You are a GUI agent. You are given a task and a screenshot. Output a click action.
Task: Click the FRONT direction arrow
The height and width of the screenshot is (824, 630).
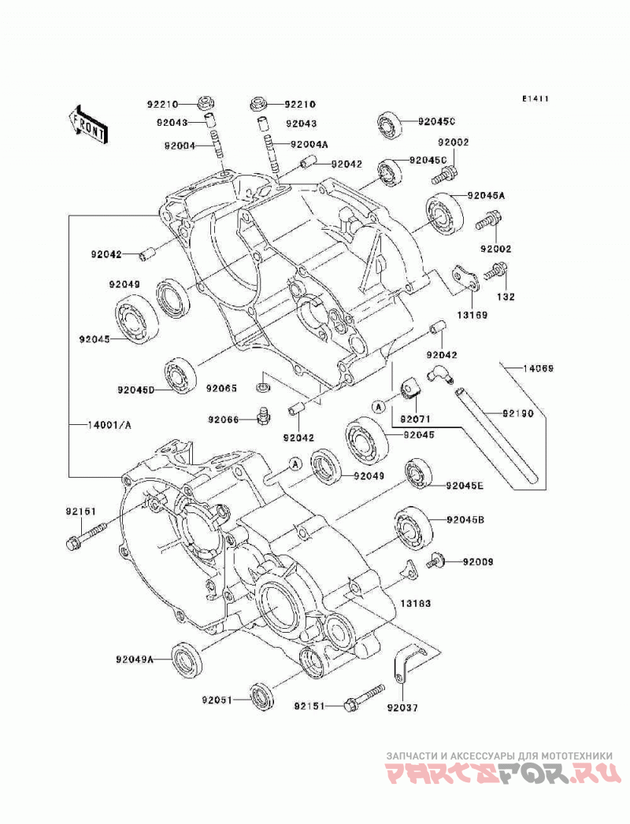coord(88,124)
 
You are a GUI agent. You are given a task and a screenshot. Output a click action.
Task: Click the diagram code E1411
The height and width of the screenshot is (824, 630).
coord(535,99)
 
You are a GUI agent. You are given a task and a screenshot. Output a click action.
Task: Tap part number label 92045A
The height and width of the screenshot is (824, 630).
coord(486,195)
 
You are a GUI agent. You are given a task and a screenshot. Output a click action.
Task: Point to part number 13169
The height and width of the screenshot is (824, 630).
coord(472,316)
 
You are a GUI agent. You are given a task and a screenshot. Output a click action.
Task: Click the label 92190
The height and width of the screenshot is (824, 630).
coord(517,414)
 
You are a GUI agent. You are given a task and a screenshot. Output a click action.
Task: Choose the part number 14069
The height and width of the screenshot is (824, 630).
coord(537,369)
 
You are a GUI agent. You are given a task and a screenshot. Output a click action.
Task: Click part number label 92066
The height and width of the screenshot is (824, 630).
coord(223,419)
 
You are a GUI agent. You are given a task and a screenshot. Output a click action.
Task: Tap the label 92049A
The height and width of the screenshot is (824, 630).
coord(135,660)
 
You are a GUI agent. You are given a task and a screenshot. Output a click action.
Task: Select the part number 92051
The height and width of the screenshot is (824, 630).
coord(217,700)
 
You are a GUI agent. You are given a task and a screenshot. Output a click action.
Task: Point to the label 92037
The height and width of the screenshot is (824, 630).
coord(402,708)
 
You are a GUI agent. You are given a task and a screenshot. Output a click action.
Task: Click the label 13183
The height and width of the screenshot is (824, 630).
coord(416,604)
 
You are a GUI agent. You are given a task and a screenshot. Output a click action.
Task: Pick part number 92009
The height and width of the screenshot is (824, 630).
coord(478,562)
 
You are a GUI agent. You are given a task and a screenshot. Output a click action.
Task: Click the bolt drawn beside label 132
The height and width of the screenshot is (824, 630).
coord(495,270)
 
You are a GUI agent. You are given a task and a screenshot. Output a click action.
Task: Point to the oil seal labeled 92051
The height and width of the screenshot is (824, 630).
coord(262,697)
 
